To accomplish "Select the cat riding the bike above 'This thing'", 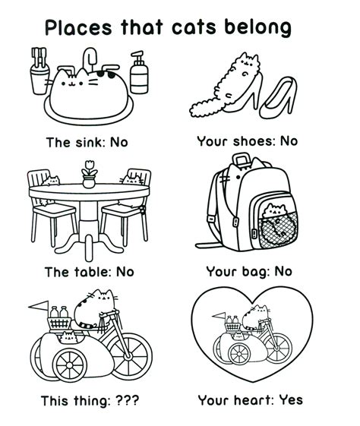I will [96, 308].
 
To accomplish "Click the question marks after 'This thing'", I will [127, 400].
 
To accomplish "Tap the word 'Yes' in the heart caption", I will [286, 400].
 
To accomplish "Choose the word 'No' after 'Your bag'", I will [283, 271].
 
